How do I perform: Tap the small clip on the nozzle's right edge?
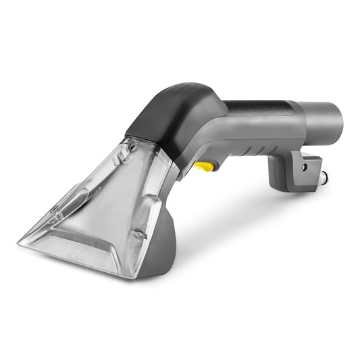(x=138, y=233)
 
